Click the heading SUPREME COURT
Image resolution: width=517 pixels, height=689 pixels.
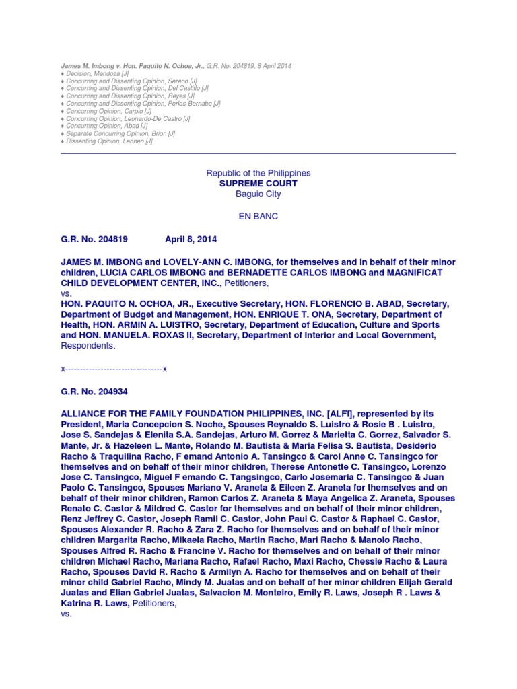click(x=258, y=184)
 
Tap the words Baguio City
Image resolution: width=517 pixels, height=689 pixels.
click(x=258, y=194)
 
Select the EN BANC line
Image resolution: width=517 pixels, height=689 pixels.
click(x=258, y=217)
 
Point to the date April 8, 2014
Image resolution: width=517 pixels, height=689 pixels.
click(x=191, y=239)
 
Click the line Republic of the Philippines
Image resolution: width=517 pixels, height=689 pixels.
click(x=258, y=173)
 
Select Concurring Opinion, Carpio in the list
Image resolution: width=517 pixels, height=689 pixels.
click(x=108, y=111)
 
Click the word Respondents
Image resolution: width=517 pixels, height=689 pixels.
click(x=88, y=347)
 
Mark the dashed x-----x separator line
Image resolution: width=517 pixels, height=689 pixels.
click(x=114, y=369)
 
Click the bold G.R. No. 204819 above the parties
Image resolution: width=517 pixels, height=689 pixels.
click(x=94, y=239)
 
